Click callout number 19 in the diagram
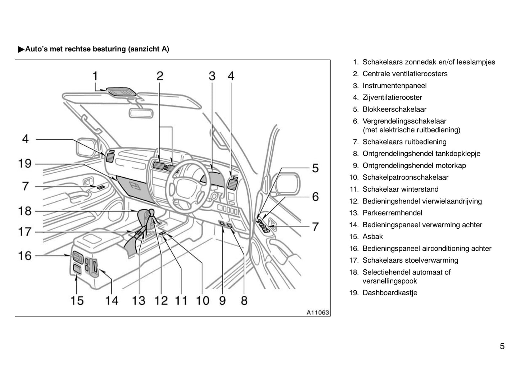25,164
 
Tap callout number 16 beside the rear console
25,256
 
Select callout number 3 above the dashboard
212,76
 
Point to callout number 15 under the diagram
77,300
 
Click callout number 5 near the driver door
315,168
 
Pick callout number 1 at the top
95,76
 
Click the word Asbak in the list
372,237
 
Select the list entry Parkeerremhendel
392,213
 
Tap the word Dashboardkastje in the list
390,293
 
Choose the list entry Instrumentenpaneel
394,86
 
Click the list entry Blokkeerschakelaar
394,109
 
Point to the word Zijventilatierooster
392,97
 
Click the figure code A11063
318,313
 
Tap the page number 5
502,346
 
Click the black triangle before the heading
21,49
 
